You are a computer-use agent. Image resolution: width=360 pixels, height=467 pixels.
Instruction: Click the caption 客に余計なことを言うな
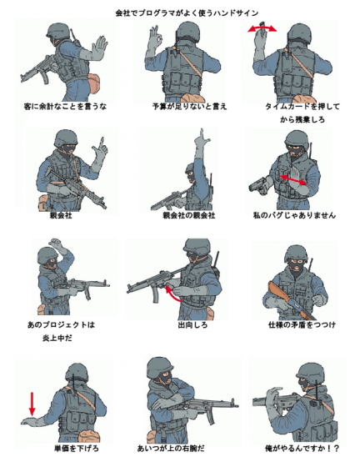point(67,107)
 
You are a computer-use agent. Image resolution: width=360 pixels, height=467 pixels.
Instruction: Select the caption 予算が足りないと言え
point(189,107)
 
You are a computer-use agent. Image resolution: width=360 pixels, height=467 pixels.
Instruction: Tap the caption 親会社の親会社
point(188,215)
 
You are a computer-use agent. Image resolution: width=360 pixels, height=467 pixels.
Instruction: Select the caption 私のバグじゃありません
point(294,215)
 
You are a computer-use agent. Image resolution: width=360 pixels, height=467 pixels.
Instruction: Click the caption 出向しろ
point(190,324)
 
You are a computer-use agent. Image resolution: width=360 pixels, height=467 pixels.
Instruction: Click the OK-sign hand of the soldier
point(155,40)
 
